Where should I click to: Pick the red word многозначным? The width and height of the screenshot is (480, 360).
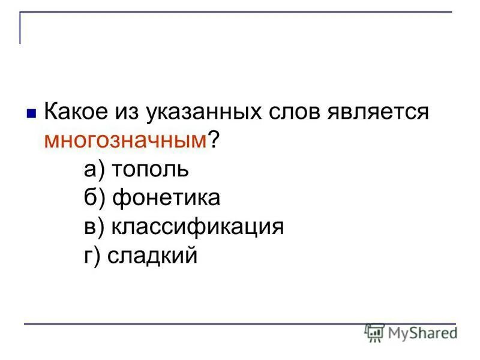click(125, 141)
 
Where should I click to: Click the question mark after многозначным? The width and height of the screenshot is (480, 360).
click(213, 140)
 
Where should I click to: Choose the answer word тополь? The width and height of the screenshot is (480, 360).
click(150, 170)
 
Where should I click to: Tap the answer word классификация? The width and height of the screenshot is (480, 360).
click(196, 228)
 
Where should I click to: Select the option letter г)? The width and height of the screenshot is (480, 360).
click(93, 256)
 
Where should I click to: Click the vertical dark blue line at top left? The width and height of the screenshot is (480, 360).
click(20, 28)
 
